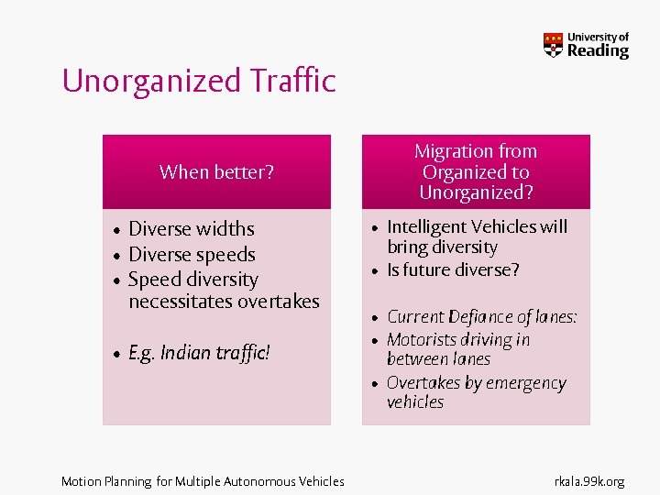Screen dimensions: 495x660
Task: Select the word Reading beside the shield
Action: [598, 51]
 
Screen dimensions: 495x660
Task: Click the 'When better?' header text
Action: [216, 171]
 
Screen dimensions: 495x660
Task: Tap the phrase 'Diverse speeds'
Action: [192, 254]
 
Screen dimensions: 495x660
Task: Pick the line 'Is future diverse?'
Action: [453, 269]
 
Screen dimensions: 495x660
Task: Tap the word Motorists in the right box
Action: [423, 340]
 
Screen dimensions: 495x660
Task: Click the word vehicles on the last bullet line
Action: [415, 401]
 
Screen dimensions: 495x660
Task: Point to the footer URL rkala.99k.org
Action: [588, 480]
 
